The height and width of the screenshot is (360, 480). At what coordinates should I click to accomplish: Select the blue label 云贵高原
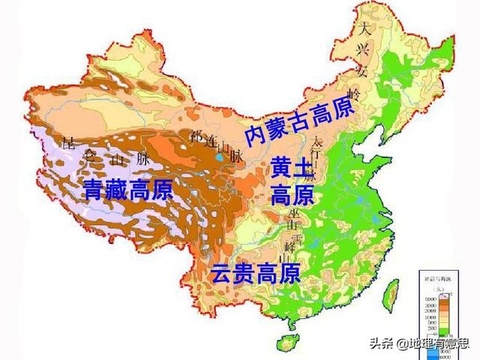tap(255, 273)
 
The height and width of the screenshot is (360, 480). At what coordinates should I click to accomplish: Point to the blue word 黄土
tap(289, 168)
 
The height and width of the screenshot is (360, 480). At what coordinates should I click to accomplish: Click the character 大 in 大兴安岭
tap(365, 31)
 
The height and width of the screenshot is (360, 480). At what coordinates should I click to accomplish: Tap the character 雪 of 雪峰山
tap(297, 233)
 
